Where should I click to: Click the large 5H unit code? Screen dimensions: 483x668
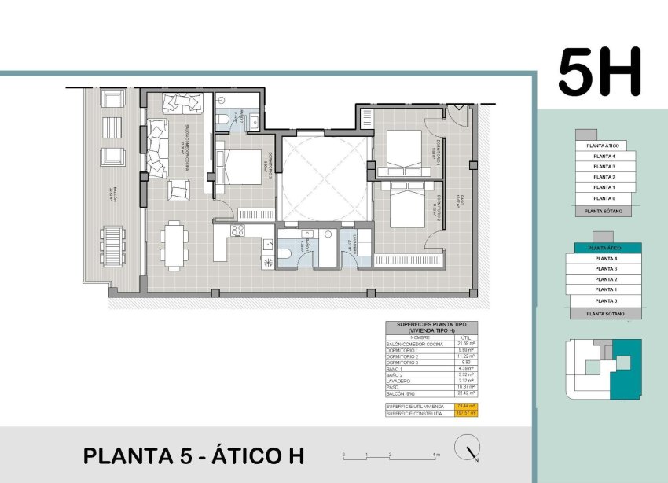pos(600,72)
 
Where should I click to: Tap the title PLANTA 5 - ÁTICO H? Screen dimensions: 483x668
pos(193,455)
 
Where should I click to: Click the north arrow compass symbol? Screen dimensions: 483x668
pos(468,448)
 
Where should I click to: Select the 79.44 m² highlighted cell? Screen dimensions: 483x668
pos(466,406)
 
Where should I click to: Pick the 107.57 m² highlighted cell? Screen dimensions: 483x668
pos(466,413)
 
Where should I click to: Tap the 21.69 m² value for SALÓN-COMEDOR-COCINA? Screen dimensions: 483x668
pos(466,344)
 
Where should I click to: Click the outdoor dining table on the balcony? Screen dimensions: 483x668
pos(113,245)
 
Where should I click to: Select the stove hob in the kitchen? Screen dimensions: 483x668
pos(237,230)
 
